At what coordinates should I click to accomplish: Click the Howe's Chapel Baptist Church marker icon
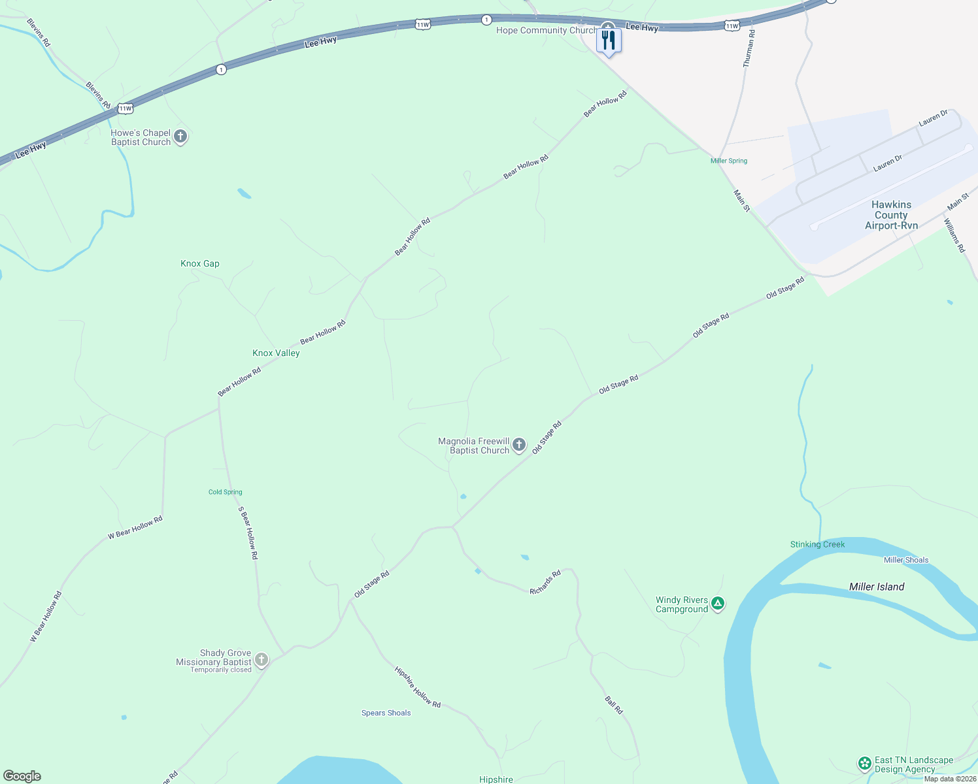(180, 137)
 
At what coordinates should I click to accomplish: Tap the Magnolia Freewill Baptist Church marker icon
(519, 445)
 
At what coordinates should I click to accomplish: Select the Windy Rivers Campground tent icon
(718, 604)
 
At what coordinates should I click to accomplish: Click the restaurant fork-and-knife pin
(609, 41)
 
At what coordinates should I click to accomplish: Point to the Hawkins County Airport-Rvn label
(891, 215)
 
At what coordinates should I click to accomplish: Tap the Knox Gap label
(200, 263)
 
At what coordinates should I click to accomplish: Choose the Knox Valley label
(276, 353)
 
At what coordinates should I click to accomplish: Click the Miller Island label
(876, 587)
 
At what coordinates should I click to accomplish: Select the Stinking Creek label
(817, 544)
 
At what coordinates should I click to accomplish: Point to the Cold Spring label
(225, 492)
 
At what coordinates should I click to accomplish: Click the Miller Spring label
(728, 161)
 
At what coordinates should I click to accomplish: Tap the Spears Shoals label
(386, 713)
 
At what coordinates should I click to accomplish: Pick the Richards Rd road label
(545, 582)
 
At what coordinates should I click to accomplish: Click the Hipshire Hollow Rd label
(417, 687)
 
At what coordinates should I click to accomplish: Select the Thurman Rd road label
(749, 48)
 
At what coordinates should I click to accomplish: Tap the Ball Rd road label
(614, 705)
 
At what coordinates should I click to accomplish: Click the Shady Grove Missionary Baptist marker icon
(261, 659)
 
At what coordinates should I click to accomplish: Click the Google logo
(22, 776)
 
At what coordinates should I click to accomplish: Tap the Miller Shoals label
(905, 560)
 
